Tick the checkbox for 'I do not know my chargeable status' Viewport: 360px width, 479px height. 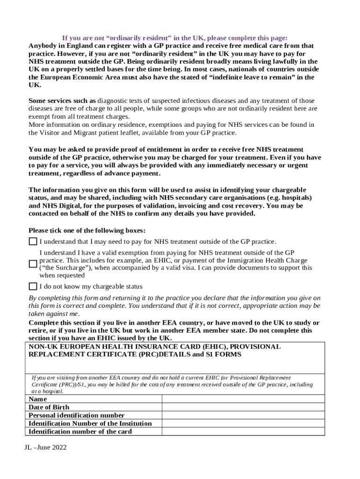tap(33, 286)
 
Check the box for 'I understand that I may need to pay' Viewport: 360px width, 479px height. tap(33, 241)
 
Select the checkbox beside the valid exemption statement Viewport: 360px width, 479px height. tap(33, 264)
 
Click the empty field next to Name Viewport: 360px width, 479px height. tap(243, 399)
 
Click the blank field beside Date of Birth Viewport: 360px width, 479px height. tap(243, 407)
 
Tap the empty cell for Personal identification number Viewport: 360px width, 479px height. tap(243, 415)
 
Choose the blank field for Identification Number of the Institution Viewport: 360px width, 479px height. tap(243, 423)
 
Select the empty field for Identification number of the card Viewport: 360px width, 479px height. tap(243, 431)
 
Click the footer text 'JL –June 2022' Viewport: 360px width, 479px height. tap(46, 448)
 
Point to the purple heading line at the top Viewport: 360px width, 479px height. tap(175, 38)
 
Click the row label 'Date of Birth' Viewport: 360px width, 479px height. tap(49, 407)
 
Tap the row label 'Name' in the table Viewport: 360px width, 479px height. tap(38, 399)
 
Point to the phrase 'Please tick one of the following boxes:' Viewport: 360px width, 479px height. tap(87, 231)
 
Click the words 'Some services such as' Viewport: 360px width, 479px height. tap(62, 101)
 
